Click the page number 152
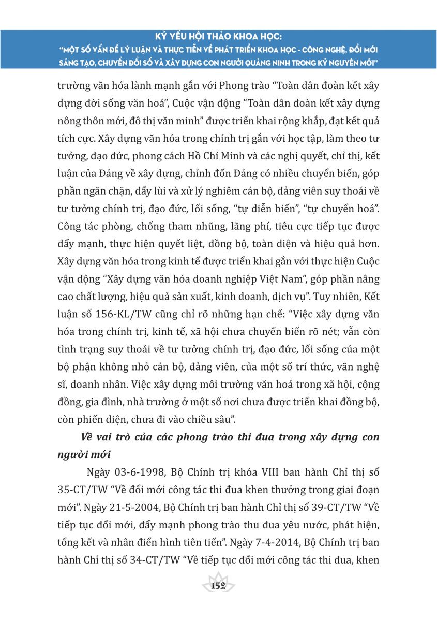(x=219, y=586)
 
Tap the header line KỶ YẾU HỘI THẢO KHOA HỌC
(x=218, y=38)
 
